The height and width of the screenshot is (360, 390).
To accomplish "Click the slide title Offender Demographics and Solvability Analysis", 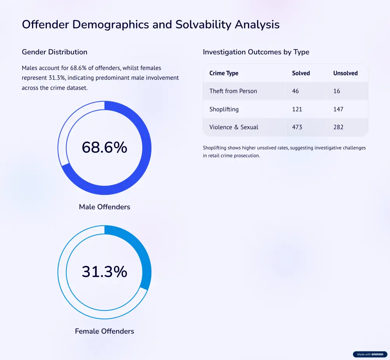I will (x=151, y=24).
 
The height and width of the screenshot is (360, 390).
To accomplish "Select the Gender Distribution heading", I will (x=55, y=52).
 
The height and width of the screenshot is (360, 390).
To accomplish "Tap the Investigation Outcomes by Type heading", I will (x=256, y=52).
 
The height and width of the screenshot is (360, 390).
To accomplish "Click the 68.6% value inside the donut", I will (x=105, y=148).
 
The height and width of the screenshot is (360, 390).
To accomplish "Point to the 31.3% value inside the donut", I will (x=105, y=272).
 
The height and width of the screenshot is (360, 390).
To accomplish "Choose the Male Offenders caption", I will (x=105, y=207).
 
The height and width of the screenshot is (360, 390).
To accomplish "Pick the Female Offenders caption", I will (x=105, y=331).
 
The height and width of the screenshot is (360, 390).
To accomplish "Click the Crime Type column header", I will (x=224, y=73).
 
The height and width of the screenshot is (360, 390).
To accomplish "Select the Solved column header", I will (x=301, y=73).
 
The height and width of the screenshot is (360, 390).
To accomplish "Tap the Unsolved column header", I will (x=345, y=73).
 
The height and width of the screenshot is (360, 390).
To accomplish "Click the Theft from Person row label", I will (x=233, y=91).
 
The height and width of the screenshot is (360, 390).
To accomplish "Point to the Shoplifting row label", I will (x=224, y=109).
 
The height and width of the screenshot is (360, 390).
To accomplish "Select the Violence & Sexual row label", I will (x=234, y=127).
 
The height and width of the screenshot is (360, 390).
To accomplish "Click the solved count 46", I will (x=295, y=91).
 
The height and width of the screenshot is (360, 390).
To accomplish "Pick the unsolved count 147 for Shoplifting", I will (x=338, y=109).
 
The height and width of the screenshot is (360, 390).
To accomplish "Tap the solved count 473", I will (x=297, y=127).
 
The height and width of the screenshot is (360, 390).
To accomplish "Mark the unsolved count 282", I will (x=338, y=127).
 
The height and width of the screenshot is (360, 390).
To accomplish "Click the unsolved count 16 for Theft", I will (x=337, y=91).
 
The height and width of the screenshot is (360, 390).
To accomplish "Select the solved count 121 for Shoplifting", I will (x=297, y=109).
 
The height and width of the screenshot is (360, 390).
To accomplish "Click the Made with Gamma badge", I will (x=370, y=355).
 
